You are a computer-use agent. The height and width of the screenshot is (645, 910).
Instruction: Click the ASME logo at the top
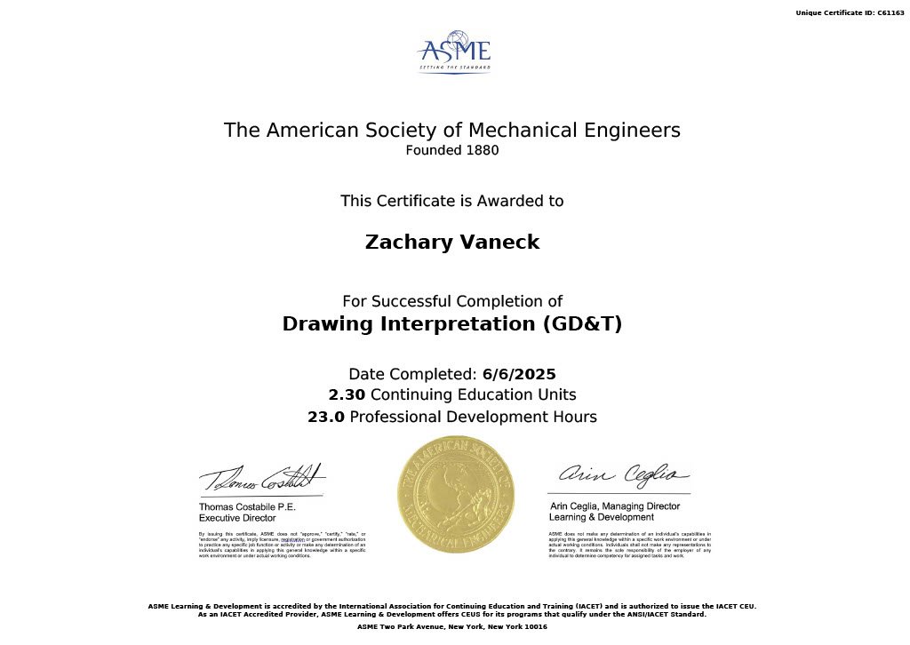[454, 53]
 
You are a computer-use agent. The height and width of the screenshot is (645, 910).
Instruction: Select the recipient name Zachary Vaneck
[452, 243]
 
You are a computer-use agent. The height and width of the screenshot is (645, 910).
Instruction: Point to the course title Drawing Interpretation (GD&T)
[452, 324]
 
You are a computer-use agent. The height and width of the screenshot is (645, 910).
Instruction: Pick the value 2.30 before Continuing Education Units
[347, 394]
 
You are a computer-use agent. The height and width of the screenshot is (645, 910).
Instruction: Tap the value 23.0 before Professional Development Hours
[326, 417]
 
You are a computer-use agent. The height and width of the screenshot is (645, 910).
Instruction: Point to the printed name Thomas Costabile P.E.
[247, 506]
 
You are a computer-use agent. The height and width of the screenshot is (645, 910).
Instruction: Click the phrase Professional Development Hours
[474, 417]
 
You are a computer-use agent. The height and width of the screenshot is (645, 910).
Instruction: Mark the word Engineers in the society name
[635, 130]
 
